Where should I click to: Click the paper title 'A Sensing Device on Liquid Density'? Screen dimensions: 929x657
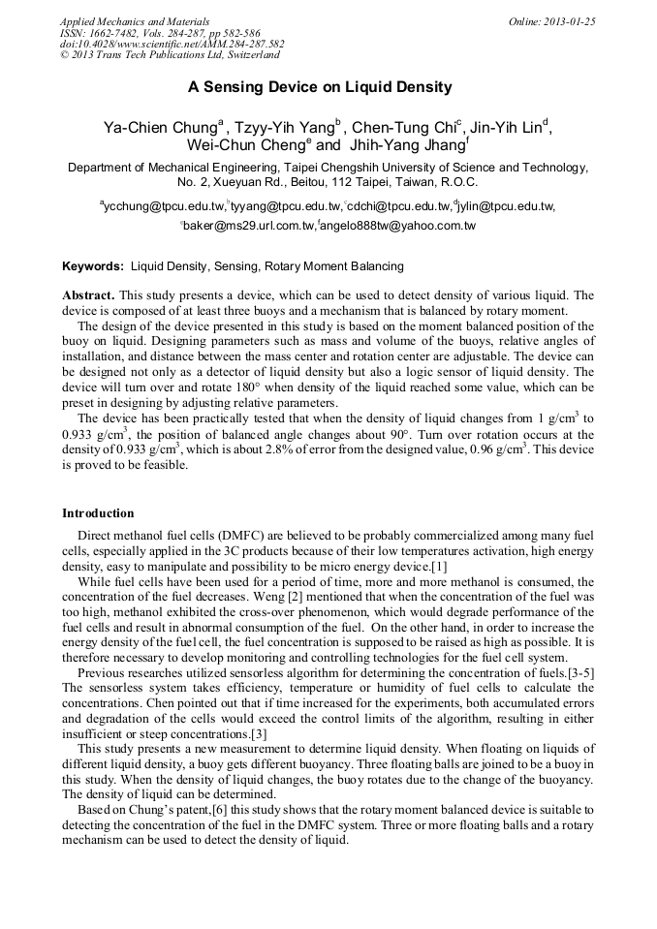pyautogui.click(x=320, y=87)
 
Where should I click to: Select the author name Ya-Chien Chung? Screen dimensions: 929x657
pyautogui.click(x=160, y=128)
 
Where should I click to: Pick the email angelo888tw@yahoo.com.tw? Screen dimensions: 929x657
pyautogui.click(x=398, y=226)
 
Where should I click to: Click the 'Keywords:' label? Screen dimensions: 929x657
pyautogui.click(x=93, y=265)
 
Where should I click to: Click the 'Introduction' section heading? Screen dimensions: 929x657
pyautogui.click(x=98, y=513)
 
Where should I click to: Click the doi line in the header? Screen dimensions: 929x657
pyautogui.click(x=172, y=45)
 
